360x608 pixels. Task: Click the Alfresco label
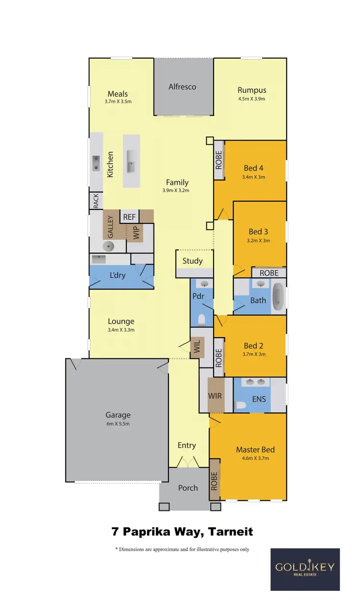tap(182, 87)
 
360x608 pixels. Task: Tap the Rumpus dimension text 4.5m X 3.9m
tap(252, 99)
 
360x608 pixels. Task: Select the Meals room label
tap(118, 94)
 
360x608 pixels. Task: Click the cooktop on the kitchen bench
tap(96, 163)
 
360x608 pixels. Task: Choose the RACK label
tap(96, 201)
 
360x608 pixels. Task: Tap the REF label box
tap(130, 217)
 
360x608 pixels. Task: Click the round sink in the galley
tap(109, 246)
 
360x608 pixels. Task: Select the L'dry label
tap(118, 276)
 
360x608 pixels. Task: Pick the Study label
tap(192, 261)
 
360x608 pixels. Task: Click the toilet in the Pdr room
tap(202, 319)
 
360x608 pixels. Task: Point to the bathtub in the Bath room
tap(278, 298)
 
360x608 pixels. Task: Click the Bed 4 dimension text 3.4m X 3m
tap(254, 177)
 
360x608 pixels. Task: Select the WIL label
tap(197, 347)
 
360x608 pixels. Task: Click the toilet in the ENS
tap(240, 406)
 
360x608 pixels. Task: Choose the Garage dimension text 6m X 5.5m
tap(118, 424)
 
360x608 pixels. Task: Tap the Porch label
tap(188, 487)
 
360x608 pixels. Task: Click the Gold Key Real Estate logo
tap(305, 569)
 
